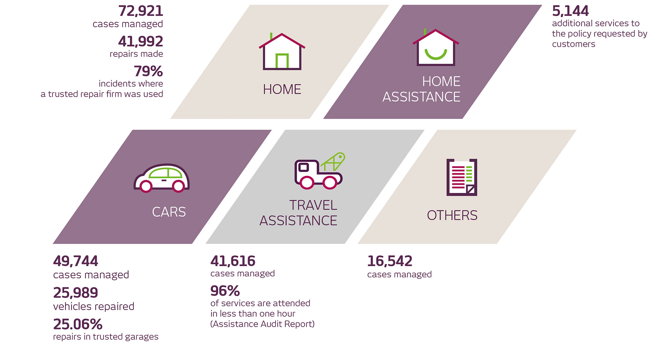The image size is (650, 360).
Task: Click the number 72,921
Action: point(140,11)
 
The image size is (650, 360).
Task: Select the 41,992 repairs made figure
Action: point(140,42)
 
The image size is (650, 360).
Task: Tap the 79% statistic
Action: point(148,71)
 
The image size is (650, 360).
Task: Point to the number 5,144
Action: point(570,11)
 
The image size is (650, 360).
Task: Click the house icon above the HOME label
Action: point(282,52)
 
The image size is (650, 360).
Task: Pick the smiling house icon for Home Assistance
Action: point(436,48)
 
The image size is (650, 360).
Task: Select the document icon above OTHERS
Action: point(462,177)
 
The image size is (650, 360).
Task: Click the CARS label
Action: point(169,212)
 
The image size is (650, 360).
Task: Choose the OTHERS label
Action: point(452,215)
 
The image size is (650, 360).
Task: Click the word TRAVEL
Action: point(313,205)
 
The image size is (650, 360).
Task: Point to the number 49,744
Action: point(75,261)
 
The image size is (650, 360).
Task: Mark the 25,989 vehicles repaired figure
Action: point(75,293)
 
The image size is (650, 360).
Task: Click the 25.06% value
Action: point(78,324)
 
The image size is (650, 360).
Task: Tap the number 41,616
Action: point(233,261)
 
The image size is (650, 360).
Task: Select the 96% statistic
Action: point(225,291)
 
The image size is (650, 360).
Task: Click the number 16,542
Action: point(390,261)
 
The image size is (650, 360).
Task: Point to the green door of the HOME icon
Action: point(282,61)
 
